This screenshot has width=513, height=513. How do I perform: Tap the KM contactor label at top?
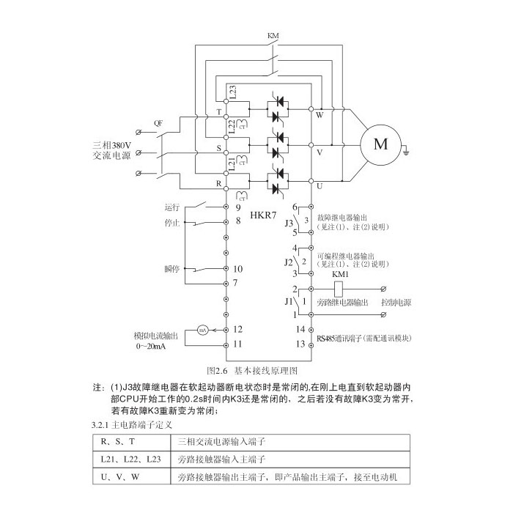(273, 35)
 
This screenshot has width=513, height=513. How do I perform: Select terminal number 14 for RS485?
(300, 329)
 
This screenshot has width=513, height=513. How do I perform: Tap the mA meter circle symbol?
(201, 331)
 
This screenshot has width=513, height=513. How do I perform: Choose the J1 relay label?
(287, 301)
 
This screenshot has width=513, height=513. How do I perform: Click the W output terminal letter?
(319, 115)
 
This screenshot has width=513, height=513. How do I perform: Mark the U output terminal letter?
(319, 186)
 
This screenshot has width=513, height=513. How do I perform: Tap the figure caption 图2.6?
(220, 371)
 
